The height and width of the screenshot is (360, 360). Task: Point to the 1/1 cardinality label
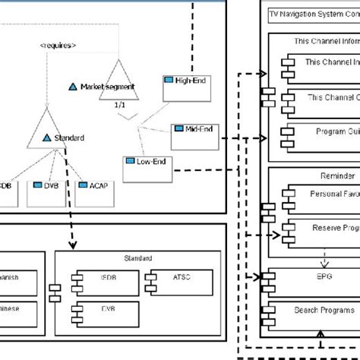(118, 105)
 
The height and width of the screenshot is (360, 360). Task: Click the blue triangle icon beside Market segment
(74, 87)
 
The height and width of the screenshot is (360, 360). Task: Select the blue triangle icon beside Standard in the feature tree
(47, 137)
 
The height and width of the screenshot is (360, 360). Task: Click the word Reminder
(313, 175)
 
